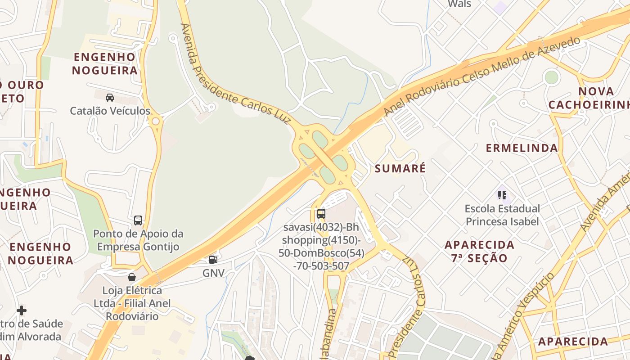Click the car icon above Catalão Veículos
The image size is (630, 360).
[109, 97]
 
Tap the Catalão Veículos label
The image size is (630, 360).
[110, 111]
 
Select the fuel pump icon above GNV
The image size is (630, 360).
[213, 259]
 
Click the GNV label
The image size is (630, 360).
[213, 273]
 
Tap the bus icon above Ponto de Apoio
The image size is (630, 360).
[138, 220]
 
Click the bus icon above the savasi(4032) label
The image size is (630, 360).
[321, 213]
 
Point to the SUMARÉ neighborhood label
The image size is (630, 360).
[400, 169]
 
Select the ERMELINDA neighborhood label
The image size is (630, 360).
[522, 148]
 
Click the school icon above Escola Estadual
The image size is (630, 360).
[502, 195]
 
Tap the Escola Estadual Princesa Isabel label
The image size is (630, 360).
[502, 215]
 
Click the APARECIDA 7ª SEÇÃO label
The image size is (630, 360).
[479, 252]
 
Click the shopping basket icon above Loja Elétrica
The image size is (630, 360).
[132, 277]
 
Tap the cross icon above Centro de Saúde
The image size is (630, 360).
[22, 310]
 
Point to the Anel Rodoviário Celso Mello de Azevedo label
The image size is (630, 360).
[481, 76]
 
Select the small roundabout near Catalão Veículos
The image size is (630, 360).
[156, 121]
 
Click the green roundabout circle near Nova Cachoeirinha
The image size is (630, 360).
[551, 77]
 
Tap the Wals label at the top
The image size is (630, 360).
[459, 4]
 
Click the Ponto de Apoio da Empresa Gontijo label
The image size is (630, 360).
[138, 240]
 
